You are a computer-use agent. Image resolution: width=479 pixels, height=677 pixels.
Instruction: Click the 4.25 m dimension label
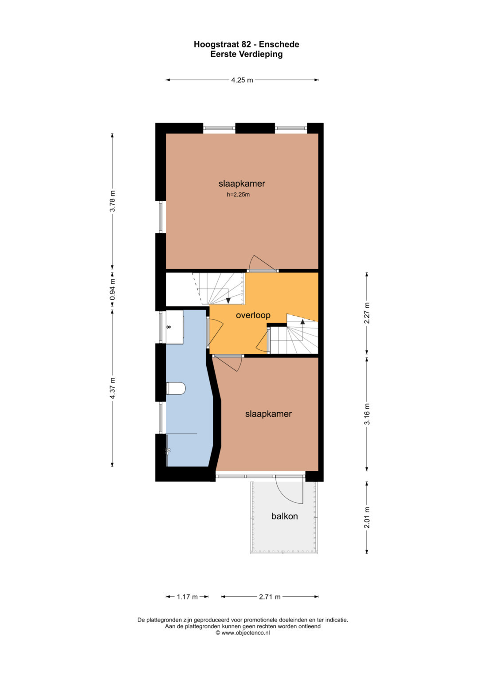(x=242, y=80)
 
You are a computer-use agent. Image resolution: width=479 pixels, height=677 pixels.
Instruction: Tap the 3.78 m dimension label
(x=113, y=201)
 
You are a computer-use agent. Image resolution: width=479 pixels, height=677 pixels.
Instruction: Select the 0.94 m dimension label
(x=113, y=289)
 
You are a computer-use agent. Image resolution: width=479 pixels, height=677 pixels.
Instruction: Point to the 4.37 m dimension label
(x=113, y=388)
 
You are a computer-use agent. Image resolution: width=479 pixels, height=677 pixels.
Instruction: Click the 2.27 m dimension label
(x=367, y=313)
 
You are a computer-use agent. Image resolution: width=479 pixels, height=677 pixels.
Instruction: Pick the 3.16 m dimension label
(x=367, y=414)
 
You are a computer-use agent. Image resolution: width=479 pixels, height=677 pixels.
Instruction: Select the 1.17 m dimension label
(x=187, y=597)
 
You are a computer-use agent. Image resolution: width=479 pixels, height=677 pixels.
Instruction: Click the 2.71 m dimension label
(x=270, y=597)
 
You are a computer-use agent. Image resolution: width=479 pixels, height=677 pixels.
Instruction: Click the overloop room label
(x=253, y=315)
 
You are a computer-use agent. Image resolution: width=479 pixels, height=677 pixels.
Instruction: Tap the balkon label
(x=285, y=516)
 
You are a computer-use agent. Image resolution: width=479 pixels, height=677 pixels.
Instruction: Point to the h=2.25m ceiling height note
(x=238, y=195)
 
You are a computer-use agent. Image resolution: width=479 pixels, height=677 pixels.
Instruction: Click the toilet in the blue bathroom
(x=176, y=388)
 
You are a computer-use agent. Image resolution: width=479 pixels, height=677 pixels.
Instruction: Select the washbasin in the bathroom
(x=174, y=327)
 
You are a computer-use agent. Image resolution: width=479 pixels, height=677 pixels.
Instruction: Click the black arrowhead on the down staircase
(x=228, y=301)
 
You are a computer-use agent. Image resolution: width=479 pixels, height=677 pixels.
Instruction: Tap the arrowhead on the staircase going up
(x=302, y=321)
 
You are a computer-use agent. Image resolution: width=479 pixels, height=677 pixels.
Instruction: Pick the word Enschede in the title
(x=279, y=44)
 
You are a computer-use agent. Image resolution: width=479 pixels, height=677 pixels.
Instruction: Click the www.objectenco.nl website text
(x=246, y=633)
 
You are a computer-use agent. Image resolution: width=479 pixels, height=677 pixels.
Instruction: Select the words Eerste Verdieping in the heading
(x=247, y=55)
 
